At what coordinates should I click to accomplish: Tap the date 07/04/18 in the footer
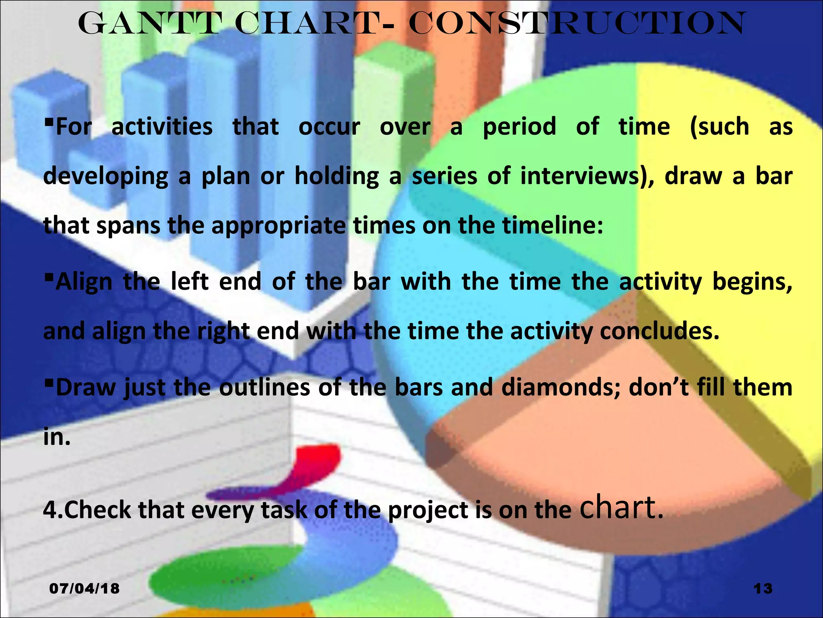(x=84, y=589)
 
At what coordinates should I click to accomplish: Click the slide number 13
(x=763, y=589)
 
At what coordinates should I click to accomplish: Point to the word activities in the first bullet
(x=162, y=127)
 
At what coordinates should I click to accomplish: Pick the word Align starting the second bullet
(x=84, y=282)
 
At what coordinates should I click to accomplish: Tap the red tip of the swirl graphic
(x=321, y=457)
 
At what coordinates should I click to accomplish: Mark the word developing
(x=106, y=177)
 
